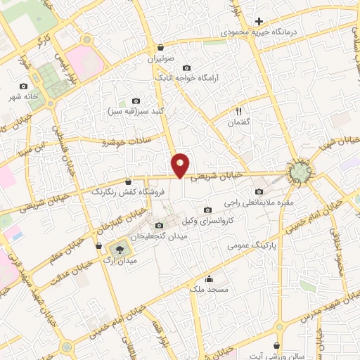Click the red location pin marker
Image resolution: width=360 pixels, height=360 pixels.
tap(181, 165)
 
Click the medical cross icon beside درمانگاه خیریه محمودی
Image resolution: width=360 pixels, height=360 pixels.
tap(259, 22)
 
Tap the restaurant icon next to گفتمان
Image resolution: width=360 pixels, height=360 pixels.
tap(239, 110)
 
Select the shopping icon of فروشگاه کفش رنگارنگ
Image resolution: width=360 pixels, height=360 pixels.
tap(127, 181)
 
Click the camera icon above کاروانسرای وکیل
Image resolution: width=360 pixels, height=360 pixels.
tap(207, 210)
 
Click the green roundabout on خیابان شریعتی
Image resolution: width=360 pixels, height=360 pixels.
tap(300, 171)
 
